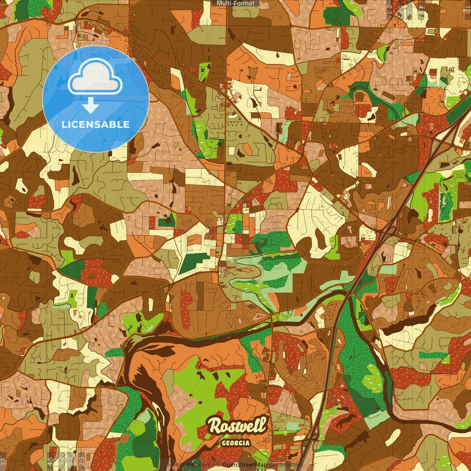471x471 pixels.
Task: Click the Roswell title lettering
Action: (237, 426)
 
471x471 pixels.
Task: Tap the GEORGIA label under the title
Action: (235, 443)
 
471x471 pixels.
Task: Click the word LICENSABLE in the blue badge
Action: (96, 124)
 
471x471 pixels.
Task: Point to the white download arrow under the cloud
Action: (90, 106)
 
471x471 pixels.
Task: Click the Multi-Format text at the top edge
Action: (235, 3)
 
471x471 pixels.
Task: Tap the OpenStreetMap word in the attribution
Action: (245, 465)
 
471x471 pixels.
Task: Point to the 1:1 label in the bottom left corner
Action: (3, 461)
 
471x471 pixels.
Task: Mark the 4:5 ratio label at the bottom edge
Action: (50, 461)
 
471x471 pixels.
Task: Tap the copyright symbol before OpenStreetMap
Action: (218, 465)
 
